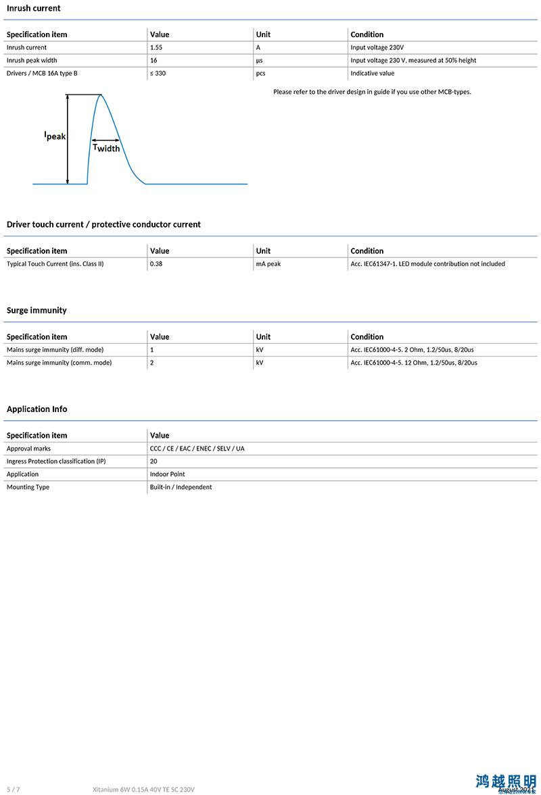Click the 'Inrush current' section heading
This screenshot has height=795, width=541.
[x=33, y=8]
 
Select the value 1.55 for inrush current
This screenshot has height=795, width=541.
[x=156, y=47]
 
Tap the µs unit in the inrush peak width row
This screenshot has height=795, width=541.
[x=259, y=60]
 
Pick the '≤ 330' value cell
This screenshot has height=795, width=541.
[x=158, y=73]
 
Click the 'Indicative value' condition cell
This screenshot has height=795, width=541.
[x=372, y=73]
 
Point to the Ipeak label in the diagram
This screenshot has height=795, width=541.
[x=55, y=136]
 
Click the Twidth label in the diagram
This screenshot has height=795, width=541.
[x=106, y=147]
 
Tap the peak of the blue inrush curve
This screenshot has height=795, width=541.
[x=101, y=95]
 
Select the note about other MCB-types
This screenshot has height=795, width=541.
[x=372, y=92]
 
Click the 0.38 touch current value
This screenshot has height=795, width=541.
[x=156, y=263]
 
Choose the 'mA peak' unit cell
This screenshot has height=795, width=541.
[x=268, y=263]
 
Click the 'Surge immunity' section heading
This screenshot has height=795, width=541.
[x=37, y=310]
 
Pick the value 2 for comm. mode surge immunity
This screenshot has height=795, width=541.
[x=152, y=363]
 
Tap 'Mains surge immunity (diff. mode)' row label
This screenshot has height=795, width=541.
[x=55, y=350]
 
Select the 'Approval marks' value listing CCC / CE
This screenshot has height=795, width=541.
[x=197, y=448]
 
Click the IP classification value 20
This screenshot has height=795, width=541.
[x=154, y=461]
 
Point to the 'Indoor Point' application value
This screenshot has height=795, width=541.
[x=167, y=474]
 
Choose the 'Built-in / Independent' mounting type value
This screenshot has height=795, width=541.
[x=181, y=487]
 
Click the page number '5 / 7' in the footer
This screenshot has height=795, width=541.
[x=13, y=789]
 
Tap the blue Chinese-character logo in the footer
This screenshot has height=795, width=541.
[x=505, y=781]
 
